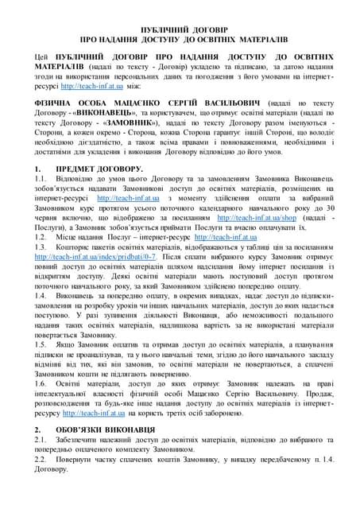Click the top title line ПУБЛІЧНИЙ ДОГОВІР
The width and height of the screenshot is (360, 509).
coord(180,28)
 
